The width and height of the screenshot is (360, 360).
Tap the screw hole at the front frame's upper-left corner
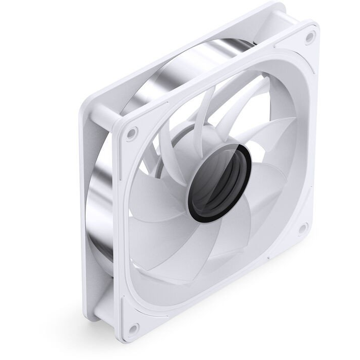[131, 133]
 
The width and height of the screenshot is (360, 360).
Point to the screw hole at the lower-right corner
[302, 229]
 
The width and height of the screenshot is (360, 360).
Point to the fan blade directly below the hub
[204, 244]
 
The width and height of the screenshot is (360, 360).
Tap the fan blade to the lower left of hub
[153, 224]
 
